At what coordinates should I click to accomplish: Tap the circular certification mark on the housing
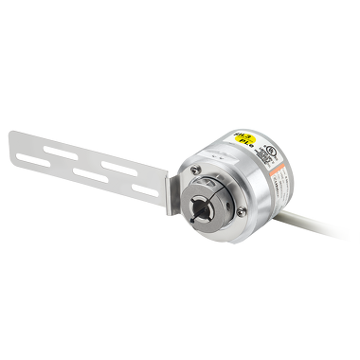[271, 150]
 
